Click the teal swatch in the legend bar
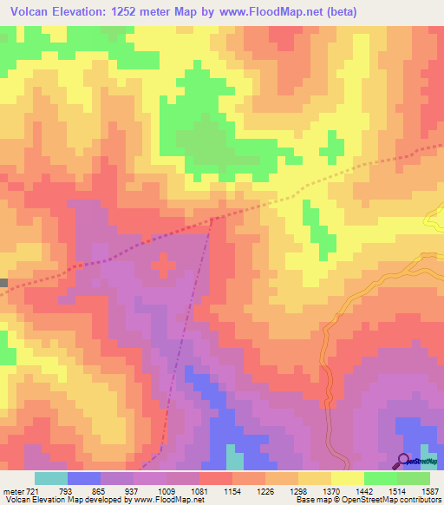[x=51, y=478]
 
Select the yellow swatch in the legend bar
[x=348, y=478]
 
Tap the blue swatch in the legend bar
[x=84, y=478]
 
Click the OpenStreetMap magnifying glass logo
[x=404, y=460]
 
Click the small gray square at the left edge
[x=3, y=283]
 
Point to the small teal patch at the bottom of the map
[x=235, y=457]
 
